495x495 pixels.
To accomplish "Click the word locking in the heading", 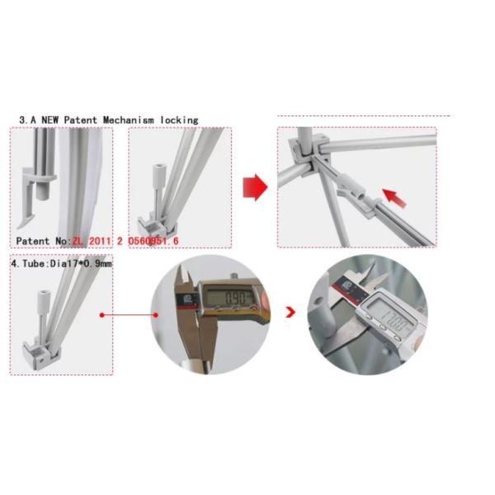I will pyautogui.click(x=178, y=120).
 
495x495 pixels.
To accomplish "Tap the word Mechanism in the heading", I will pyautogui.click(x=127, y=120).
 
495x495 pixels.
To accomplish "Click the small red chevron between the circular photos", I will pyautogui.click(x=290, y=313).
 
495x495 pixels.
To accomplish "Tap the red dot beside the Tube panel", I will pyautogui.click(x=101, y=314).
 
